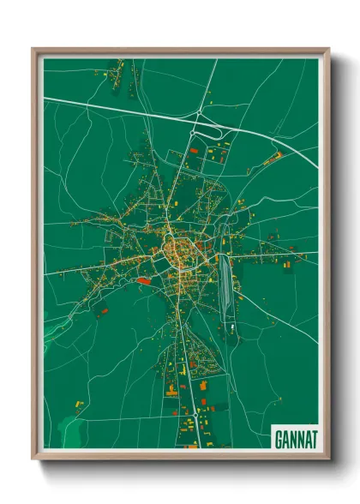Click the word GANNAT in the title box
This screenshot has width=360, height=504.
(297, 438)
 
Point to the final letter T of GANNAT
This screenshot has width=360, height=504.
(314, 438)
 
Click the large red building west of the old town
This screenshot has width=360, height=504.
(143, 279)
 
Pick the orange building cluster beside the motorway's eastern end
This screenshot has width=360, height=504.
(273, 158)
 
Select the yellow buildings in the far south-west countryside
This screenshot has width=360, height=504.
(78, 402)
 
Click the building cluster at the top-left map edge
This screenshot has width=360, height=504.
(121, 63)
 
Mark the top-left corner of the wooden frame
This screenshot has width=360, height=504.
(33, 50)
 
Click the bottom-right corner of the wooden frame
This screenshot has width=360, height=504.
(329, 458)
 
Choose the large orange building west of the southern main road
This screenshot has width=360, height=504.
(171, 390)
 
